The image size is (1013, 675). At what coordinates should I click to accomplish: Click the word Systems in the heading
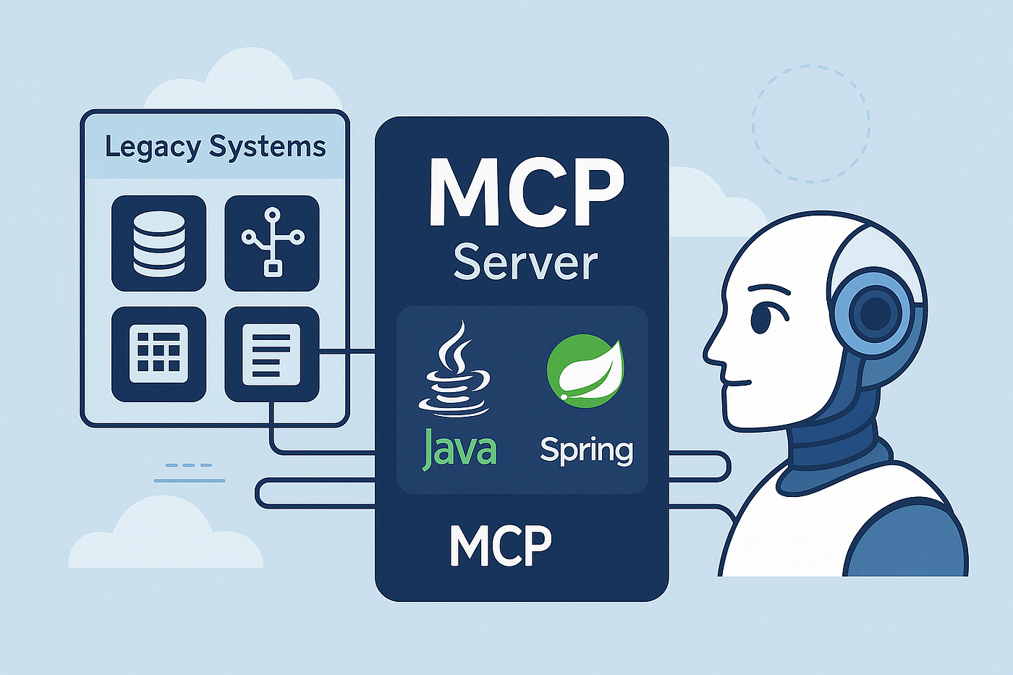point(267,146)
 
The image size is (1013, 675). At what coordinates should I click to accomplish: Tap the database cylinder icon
point(158,243)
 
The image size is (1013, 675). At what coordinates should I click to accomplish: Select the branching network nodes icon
point(272,242)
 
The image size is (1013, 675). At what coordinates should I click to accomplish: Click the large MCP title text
point(527,192)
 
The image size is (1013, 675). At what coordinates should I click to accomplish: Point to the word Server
point(525,262)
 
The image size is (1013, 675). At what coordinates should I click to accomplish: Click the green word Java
point(459,448)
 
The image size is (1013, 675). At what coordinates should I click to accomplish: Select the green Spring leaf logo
point(585,371)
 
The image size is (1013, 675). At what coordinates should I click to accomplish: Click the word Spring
point(587,450)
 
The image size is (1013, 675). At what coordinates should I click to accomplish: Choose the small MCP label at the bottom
point(501,545)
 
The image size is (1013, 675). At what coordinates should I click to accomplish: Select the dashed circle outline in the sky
point(811,124)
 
